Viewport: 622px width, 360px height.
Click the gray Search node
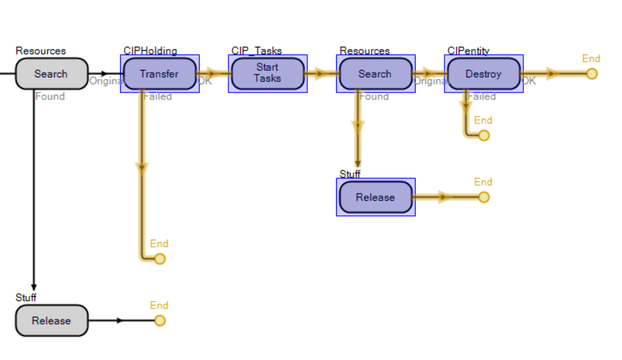click(x=51, y=74)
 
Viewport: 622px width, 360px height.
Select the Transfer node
click(x=159, y=74)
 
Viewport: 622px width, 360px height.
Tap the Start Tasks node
click(x=267, y=73)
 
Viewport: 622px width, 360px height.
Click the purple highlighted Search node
click(x=375, y=74)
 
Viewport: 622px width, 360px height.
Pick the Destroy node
click(x=483, y=74)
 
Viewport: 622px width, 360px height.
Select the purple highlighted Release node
click(x=375, y=197)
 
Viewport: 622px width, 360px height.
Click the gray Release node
click(x=51, y=321)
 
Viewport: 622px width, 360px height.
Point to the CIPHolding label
click(x=150, y=51)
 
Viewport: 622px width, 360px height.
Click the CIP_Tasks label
click(x=256, y=51)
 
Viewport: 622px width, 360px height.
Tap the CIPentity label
click(x=468, y=51)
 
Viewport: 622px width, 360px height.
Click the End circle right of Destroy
click(x=592, y=74)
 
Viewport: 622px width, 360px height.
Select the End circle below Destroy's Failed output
click(x=484, y=136)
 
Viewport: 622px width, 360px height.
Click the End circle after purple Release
click(x=484, y=197)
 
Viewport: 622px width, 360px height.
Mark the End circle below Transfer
click(x=160, y=259)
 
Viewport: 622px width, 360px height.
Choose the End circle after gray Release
click(x=160, y=321)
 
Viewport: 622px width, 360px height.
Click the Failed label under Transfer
click(x=158, y=97)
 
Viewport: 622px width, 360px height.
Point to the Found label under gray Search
click(x=50, y=97)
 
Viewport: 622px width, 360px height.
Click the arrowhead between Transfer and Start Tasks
click(x=211, y=74)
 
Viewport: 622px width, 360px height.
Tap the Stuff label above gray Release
click(x=26, y=298)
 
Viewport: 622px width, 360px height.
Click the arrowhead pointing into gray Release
click(x=34, y=288)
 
